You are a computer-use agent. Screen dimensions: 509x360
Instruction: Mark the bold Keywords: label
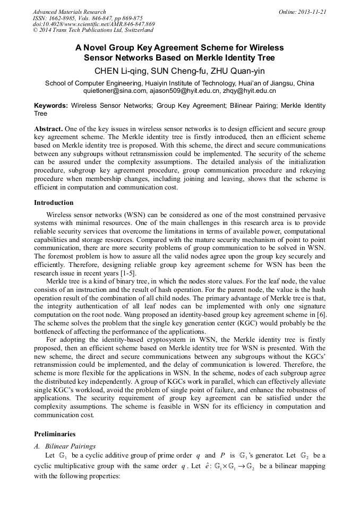tap(51, 106)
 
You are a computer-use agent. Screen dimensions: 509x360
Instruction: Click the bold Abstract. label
tap(48, 129)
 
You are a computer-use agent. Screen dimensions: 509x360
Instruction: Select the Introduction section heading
tap(54, 202)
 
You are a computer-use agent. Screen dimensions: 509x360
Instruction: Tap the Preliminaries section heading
tap(55, 434)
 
